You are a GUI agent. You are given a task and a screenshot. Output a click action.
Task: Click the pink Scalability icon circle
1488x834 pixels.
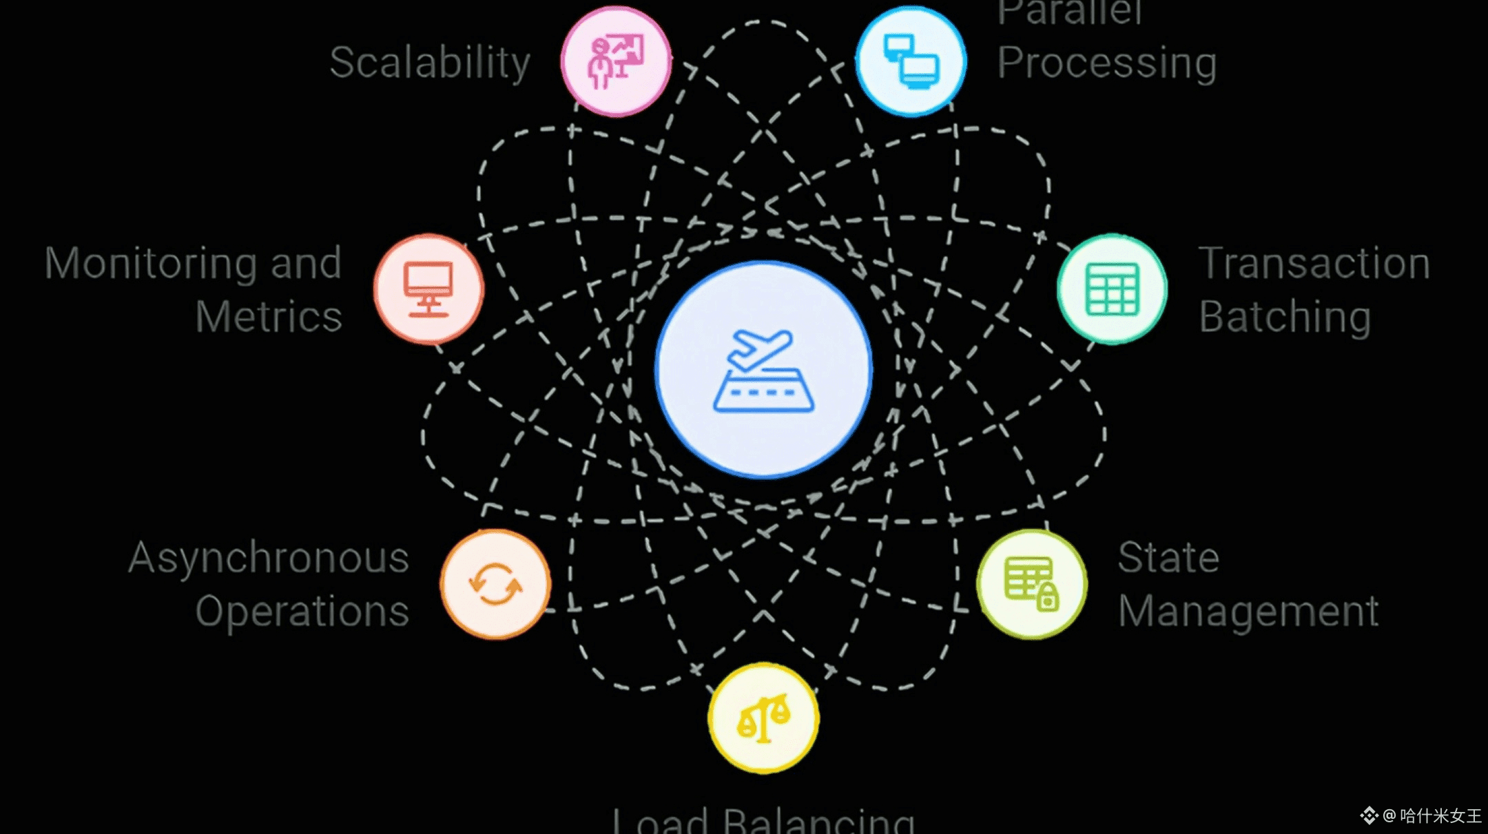615,61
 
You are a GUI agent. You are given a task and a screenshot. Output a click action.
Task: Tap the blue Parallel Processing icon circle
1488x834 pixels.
911,61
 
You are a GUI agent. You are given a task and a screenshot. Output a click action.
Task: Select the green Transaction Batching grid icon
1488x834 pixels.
1112,289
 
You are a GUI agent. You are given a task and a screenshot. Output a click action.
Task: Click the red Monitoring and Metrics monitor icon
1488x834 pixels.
428,289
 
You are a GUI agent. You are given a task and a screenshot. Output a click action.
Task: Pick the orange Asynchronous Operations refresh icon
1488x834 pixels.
495,584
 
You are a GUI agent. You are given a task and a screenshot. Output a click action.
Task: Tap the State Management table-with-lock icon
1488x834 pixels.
1031,584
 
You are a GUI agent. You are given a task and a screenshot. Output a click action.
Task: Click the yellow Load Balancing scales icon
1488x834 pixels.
763,718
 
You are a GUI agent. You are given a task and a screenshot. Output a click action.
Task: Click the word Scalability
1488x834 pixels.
430,63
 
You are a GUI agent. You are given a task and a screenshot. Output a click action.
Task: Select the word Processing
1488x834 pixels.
1107,63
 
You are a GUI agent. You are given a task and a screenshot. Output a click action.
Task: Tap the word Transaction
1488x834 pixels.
1314,263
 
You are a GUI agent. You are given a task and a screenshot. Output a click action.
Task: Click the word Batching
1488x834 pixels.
1285,317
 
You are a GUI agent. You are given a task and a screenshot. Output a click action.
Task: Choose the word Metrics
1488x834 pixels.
269,317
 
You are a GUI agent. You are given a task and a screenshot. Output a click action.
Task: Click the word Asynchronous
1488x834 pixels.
269,558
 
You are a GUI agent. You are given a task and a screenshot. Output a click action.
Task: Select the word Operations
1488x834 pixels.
302,612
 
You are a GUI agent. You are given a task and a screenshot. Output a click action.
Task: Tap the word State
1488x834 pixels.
1168,558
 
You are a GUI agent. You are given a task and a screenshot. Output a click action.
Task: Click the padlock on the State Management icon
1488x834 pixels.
1048,598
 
